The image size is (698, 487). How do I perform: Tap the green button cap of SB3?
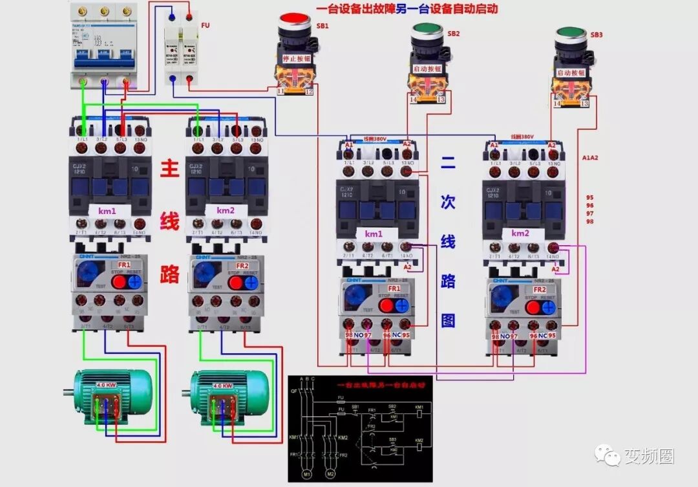coord(571,34)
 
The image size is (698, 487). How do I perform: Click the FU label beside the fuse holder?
coord(205,25)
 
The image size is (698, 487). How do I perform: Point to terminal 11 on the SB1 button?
coord(280,92)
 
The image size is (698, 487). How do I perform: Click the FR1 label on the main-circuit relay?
coord(124,265)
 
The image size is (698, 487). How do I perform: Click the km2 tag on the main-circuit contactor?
coord(226,211)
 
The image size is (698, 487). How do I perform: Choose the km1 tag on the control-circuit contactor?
coord(373,233)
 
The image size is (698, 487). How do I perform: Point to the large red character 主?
coord(169,170)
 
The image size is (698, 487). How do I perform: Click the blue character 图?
coord(448,321)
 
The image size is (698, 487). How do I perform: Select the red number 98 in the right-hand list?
coord(589,221)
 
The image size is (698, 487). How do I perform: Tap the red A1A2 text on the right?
coord(591,157)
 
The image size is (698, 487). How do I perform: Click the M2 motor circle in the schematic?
coord(330,475)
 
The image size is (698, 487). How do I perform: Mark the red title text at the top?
coord(407,9)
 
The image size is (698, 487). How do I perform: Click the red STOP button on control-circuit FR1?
coord(385,306)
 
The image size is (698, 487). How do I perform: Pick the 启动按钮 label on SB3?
coord(571,72)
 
